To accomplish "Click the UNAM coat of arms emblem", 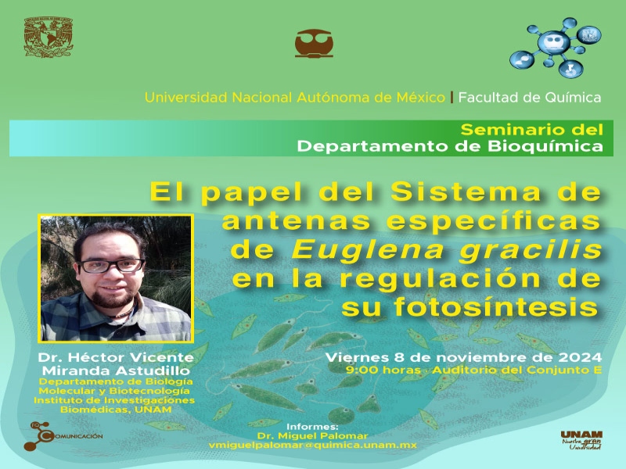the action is coord(49,37).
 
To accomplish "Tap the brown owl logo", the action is coord(314,43).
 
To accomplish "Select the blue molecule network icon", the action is coord(555,48).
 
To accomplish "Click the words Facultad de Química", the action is coord(530,97).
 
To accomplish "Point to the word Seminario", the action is coord(510,130).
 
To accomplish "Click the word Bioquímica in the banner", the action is coord(545,146).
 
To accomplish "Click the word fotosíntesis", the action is coord(495,307).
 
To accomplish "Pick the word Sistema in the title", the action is coord(465,192).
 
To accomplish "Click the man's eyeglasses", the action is coord(112,266).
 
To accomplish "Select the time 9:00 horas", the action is coord(383,370).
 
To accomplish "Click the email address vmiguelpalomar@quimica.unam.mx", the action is coord(312,445).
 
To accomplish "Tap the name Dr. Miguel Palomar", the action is coord(312,435).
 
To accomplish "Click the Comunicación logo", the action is coord(63,436).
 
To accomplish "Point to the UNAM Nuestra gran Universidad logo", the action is coord(581,440).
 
